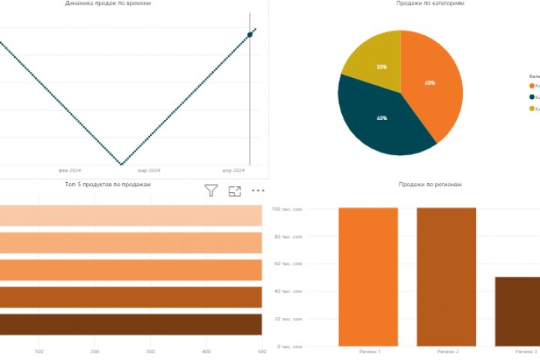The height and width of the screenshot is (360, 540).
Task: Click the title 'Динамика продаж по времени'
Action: [108, 4]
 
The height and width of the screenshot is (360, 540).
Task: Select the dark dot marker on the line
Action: [250, 34]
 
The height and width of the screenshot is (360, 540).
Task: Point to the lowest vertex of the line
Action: [121, 163]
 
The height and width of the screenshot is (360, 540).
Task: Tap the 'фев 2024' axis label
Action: [69, 170]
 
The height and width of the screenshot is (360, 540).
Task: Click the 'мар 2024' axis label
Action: [148, 170]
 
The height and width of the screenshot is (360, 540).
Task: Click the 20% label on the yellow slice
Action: [382, 67]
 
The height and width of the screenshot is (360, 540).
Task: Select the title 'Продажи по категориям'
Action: [430, 4]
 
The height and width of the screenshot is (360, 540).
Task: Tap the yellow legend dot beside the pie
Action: [532, 109]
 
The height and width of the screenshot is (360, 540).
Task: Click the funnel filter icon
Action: [211, 190]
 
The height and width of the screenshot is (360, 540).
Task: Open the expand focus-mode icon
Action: [235, 190]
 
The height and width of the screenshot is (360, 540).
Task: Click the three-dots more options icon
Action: [258, 190]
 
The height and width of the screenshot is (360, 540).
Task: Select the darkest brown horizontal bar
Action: [130, 324]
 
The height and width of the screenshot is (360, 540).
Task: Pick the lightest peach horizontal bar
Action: [130, 215]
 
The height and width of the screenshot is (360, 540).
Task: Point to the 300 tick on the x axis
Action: [151, 351]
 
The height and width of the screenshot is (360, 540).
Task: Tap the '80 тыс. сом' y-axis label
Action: [287, 237]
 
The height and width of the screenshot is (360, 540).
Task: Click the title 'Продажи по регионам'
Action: [430, 184]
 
